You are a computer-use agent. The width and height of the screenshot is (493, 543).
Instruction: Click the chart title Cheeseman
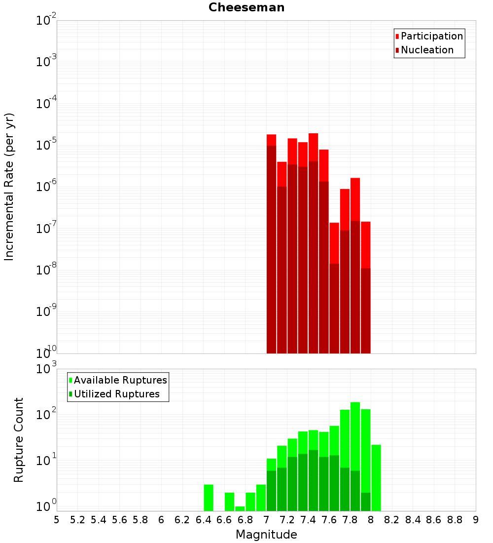coord(246,7)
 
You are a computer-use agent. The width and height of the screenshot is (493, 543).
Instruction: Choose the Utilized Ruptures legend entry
coord(116,394)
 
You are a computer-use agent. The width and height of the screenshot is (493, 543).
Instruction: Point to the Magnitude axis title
coord(266,534)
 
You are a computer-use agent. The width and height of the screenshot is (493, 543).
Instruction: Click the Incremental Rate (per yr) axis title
coord(9,187)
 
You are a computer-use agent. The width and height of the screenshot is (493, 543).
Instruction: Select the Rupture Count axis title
coord(19,439)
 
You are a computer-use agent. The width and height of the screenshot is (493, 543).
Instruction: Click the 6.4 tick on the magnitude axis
coord(203,520)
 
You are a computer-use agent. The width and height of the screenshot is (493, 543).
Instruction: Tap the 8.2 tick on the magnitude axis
coord(392,520)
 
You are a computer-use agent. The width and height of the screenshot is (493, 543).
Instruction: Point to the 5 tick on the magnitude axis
coord(57,520)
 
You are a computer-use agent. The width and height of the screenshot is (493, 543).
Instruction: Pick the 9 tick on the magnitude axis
coord(476,520)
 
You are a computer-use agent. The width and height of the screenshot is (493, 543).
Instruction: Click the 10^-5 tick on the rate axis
coord(46,145)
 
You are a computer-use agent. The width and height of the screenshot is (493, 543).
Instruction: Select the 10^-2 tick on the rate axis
coord(46,21)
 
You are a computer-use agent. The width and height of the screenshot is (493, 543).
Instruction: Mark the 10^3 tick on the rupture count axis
coord(46,369)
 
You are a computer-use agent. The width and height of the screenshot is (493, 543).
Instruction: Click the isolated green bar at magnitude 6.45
coord(209,498)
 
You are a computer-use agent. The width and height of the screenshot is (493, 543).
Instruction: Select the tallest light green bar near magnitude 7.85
coord(355,434)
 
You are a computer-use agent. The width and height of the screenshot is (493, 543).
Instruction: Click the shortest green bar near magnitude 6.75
coord(240,508)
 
